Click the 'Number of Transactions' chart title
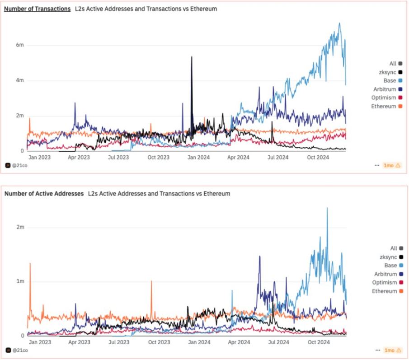tap(37, 9)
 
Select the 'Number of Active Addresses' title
tap(44, 193)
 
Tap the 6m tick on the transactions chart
tap(19, 45)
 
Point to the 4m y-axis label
tap(19, 80)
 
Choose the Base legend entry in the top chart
tap(390, 80)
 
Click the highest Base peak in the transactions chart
tap(339, 23)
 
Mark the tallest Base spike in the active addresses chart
tap(327, 209)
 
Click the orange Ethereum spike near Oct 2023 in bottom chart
tap(151, 282)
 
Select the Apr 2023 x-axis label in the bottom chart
tap(79, 342)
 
